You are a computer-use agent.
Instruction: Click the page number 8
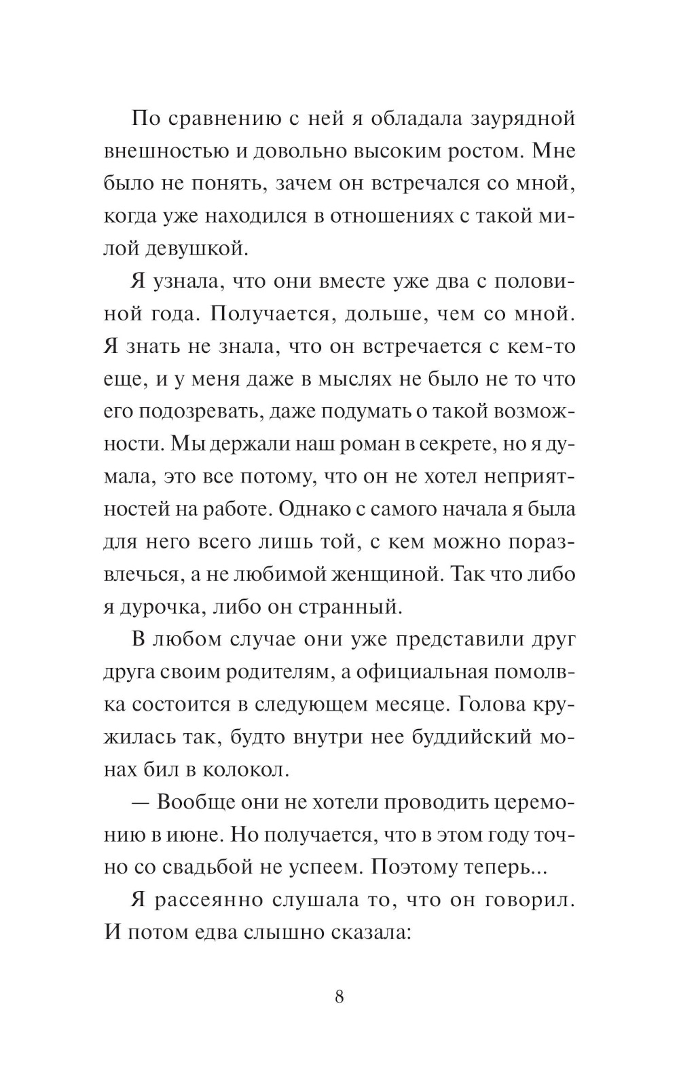click(x=339, y=997)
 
